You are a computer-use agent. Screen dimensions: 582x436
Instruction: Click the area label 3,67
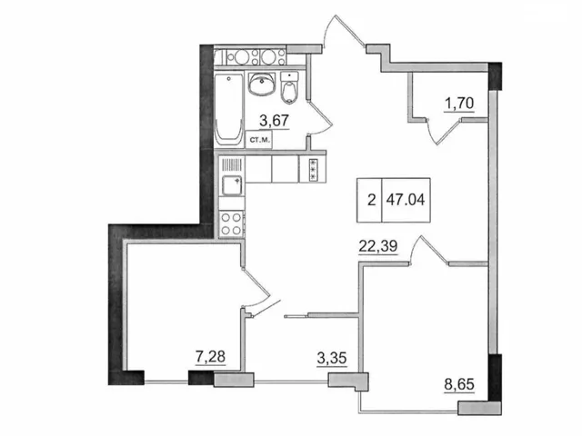point(274,121)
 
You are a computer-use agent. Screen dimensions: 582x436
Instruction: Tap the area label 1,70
point(459,104)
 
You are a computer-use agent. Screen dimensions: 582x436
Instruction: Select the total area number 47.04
point(406,200)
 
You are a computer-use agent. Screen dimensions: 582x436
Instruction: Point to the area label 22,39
point(378,246)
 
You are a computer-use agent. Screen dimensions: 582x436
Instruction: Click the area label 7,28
point(210,357)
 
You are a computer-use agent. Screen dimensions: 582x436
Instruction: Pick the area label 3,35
point(332,358)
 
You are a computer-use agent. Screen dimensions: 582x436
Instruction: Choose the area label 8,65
point(459,384)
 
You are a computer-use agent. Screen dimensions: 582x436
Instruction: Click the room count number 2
point(371,201)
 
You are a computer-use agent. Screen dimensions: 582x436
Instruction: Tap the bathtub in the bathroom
point(228,110)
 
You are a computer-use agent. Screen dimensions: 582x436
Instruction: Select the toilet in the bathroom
point(289,87)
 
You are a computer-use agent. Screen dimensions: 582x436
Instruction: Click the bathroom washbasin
point(262,84)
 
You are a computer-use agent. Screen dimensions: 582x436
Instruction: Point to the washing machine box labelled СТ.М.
point(259,140)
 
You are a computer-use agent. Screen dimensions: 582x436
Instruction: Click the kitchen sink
point(232,185)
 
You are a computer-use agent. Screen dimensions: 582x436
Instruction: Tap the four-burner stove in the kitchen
point(232,224)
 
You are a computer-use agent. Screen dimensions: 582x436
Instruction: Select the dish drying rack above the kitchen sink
point(232,163)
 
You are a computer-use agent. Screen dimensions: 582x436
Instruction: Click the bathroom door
point(319,117)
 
